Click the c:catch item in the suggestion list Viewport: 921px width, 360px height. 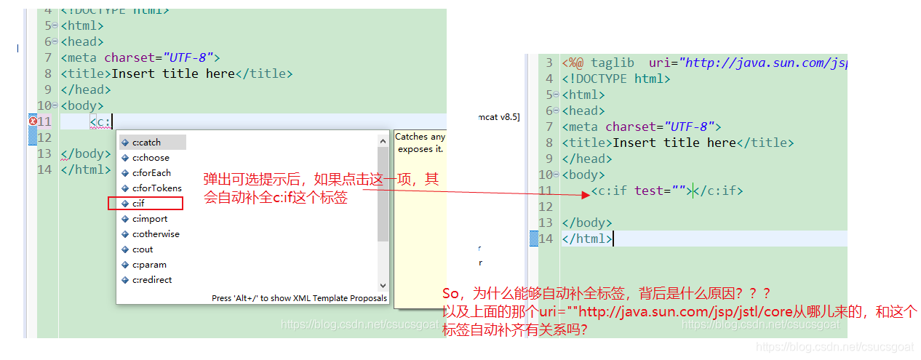146,143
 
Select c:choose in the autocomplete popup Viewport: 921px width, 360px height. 151,158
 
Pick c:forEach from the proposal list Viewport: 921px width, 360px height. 151,173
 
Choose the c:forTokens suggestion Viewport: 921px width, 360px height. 156,188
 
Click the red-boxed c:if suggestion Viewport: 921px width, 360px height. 140,204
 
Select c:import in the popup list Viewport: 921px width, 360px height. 150,219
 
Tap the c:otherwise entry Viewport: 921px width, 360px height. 156,234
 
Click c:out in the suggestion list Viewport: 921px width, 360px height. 143,249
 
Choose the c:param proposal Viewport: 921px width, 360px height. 149,265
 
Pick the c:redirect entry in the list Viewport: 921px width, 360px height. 152,280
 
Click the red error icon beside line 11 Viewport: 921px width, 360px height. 33,121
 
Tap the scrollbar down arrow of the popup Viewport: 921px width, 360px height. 383,286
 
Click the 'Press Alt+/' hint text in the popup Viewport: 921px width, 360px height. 299,298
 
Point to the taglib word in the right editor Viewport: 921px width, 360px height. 612,63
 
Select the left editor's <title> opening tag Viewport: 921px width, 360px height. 86,73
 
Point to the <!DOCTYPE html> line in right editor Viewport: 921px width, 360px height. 615,79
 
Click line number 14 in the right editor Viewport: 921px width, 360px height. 546,239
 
